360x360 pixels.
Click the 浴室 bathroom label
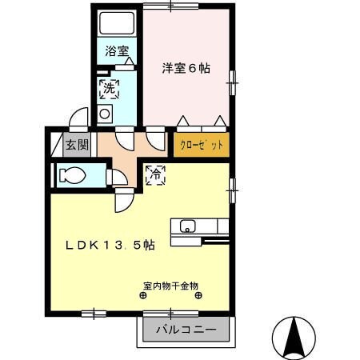click(x=117, y=52)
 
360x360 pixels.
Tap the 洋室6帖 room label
click(x=187, y=69)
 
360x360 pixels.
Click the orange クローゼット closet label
click(x=201, y=145)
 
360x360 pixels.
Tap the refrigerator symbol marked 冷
click(x=154, y=172)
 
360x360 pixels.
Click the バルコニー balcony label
click(x=190, y=330)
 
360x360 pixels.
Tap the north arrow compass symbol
click(x=294, y=335)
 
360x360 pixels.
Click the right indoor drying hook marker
click(x=198, y=294)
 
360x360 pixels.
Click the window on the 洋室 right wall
click(x=232, y=79)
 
